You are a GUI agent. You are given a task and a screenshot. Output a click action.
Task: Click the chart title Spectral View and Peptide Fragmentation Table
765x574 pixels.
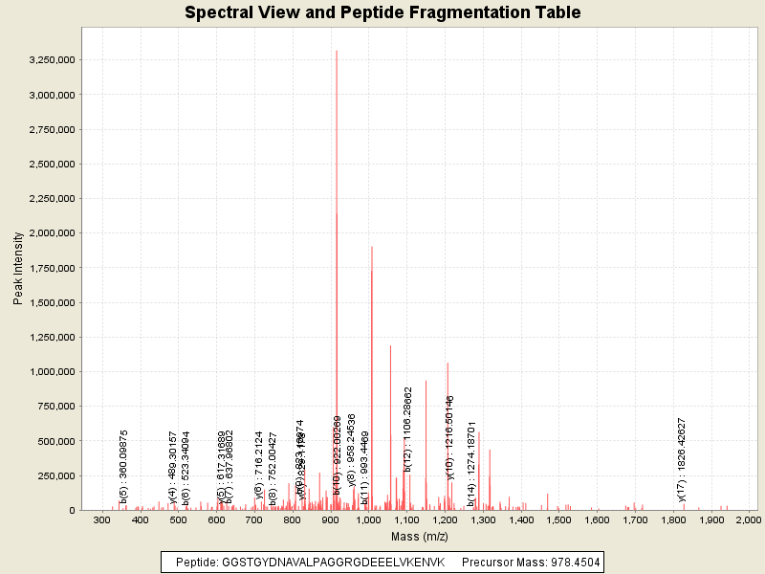point(382,12)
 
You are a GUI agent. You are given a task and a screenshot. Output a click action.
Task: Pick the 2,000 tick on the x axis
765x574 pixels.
point(749,519)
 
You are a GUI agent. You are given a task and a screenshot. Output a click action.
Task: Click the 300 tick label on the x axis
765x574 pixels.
point(102,519)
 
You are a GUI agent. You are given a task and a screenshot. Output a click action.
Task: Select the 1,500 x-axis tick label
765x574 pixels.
point(558,519)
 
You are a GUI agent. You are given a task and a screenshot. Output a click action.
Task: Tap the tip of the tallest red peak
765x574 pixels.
point(337,51)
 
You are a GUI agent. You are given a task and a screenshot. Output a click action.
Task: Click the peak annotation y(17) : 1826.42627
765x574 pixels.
point(682,459)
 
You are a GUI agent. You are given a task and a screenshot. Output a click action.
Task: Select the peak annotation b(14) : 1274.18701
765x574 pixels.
point(471,464)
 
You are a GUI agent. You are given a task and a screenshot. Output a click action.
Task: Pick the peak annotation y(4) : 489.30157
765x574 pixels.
point(173,467)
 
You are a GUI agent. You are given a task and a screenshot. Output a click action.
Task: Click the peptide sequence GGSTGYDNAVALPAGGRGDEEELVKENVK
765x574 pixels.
point(334,562)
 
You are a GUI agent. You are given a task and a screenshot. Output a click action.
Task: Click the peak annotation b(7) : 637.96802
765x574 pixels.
point(229,467)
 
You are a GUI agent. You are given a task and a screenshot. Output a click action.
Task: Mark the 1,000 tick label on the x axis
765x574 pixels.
point(368,519)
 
